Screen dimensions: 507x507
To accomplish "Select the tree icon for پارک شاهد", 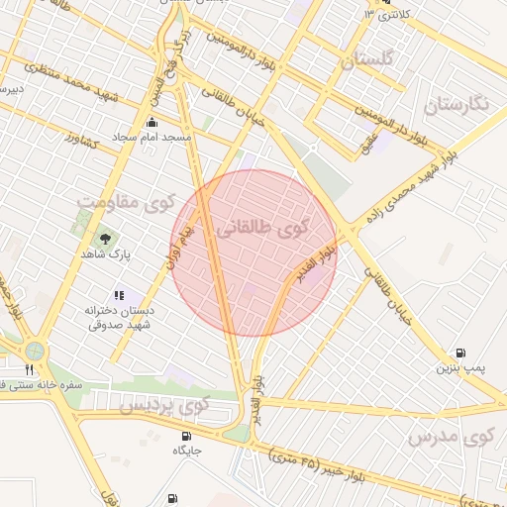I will (x=105, y=239).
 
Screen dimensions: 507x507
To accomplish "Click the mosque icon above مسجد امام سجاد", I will (x=152, y=123).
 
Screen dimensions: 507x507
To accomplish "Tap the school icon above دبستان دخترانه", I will (x=120, y=294).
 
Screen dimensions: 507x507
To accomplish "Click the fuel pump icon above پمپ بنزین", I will (x=460, y=353).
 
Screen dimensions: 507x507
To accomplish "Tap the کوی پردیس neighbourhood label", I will (x=164, y=405).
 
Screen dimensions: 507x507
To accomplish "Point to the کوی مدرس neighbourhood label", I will (x=451, y=436).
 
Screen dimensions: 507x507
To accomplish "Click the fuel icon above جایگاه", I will (x=186, y=436).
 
